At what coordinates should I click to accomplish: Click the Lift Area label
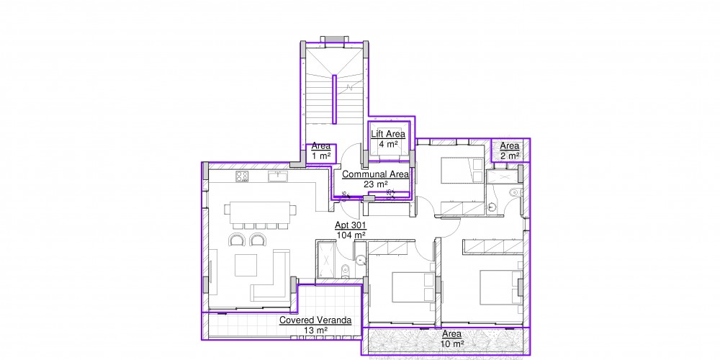pyautogui.click(x=388, y=134)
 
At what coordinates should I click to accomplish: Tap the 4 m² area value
pyautogui.click(x=388, y=144)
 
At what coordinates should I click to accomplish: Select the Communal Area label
pyautogui.click(x=375, y=174)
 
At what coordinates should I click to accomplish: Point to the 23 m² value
pyautogui.click(x=376, y=184)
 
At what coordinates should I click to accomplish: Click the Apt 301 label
pyautogui.click(x=350, y=225)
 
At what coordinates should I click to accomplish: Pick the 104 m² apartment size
pyautogui.click(x=351, y=235)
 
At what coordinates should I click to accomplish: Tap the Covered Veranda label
pyautogui.click(x=315, y=320)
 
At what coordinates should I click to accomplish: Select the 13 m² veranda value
pyautogui.click(x=315, y=330)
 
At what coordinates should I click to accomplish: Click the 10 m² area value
pyautogui.click(x=452, y=343)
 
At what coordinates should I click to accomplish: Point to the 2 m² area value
pyautogui.click(x=510, y=156)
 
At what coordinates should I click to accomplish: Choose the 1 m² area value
pyautogui.click(x=321, y=156)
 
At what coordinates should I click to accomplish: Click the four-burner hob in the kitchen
pyautogui.click(x=242, y=176)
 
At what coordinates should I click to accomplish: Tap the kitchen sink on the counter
pyautogui.click(x=278, y=176)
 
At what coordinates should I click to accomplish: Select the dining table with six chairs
pyautogui.click(x=261, y=215)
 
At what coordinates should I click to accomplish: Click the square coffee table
pyautogui.click(x=246, y=265)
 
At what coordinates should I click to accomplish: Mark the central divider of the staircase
pyautogui.click(x=335, y=99)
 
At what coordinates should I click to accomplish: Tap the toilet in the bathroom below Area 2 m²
pyautogui.click(x=516, y=192)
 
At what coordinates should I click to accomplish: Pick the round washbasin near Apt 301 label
pyautogui.click(x=361, y=261)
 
